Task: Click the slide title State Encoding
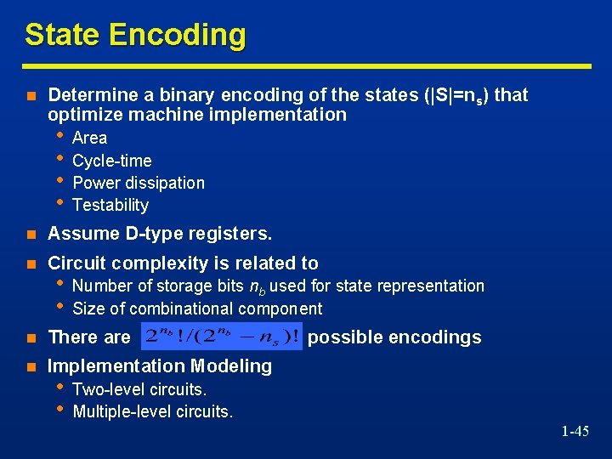tap(135, 35)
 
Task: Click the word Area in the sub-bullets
tap(90, 138)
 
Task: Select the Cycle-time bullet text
tap(112, 161)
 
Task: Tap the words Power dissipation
tap(139, 183)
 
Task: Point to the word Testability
tap(110, 205)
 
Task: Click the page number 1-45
tap(575, 432)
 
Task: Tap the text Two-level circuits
tap(140, 389)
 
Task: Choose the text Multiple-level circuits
tap(153, 412)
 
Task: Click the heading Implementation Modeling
tap(160, 366)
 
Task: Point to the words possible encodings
tap(394, 337)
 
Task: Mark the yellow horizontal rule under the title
tap(307, 65)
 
